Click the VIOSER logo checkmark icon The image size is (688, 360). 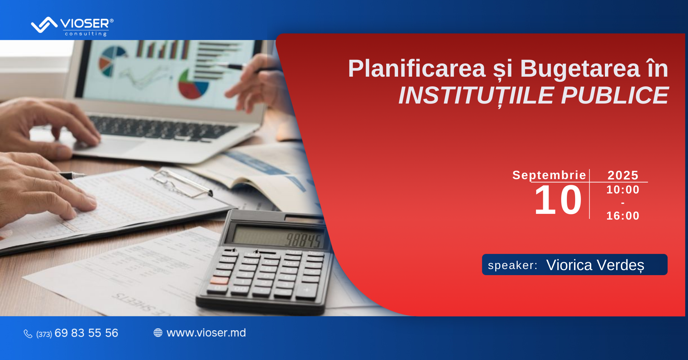tap(44, 25)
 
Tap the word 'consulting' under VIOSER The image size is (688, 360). tap(86, 34)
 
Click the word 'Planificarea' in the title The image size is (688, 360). tap(417, 68)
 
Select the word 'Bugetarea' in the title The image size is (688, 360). tap(580, 69)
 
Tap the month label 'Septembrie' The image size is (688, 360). tap(549, 175)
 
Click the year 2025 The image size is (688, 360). tap(623, 175)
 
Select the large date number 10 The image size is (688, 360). tap(558, 200)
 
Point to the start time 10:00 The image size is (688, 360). tap(623, 189)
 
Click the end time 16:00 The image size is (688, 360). tap(623, 216)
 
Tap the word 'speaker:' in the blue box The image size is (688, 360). tap(513, 265)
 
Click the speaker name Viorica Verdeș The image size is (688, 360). tap(595, 265)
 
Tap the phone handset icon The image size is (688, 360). tap(28, 334)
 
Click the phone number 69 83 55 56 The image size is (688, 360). tap(86, 333)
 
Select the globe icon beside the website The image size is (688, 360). tap(158, 333)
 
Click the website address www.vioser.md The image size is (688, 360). tap(206, 333)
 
